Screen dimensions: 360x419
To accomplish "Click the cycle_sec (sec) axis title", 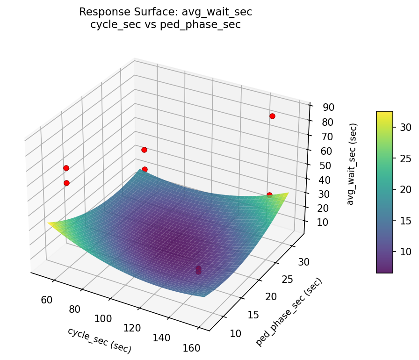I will pyautogui.click(x=99, y=340).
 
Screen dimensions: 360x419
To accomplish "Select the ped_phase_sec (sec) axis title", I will pyautogui.click(x=289, y=312).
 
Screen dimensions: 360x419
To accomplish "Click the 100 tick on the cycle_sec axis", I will pyautogui.click(x=103, y=318).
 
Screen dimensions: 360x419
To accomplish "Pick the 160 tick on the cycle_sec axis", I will pyautogui.click(x=191, y=348).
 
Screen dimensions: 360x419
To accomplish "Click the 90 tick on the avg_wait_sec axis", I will pyautogui.click(x=328, y=107).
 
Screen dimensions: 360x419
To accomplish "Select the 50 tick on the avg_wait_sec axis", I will pyautogui.click(x=325, y=165).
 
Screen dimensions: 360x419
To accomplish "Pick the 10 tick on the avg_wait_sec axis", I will pyautogui.click(x=322, y=223).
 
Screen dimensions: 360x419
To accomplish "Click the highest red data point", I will pyautogui.click(x=272, y=116).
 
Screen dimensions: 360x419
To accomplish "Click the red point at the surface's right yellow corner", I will pyautogui.click(x=269, y=195).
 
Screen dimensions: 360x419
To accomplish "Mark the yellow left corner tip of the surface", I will pyautogui.click(x=48, y=223).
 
